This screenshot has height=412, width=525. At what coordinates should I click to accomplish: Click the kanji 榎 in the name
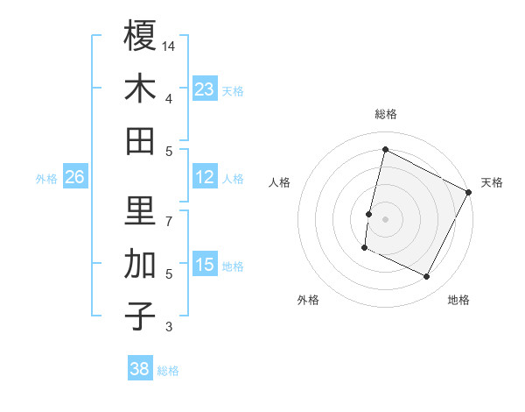coord(140,36)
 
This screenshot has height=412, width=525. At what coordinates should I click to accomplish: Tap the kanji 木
coord(140,89)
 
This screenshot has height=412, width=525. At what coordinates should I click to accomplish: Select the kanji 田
coord(140,140)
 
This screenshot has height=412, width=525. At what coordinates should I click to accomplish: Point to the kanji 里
coord(140,210)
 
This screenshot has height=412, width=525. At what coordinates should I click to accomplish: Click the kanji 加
coord(140,263)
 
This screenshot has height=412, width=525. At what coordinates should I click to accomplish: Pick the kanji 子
coord(140,316)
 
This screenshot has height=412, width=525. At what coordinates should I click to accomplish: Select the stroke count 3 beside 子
coord(170,327)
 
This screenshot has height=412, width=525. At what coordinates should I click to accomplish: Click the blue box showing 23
coord(205,89)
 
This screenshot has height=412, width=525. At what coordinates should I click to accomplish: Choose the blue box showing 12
coord(205,177)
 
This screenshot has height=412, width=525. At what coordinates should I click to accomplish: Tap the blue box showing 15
coord(205,265)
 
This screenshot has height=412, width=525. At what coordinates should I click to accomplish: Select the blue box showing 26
coord(75,177)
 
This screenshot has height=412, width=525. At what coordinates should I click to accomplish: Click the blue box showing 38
coord(140,369)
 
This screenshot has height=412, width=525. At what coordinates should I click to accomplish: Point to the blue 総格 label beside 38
coord(168,371)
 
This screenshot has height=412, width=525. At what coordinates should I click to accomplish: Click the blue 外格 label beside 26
coord(46,179)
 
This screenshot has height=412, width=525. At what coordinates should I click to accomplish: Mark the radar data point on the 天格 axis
coord(469,193)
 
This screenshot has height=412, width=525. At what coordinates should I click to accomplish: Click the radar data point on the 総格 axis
coord(385,150)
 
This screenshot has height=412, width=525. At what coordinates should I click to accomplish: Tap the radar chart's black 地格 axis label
coord(458,301)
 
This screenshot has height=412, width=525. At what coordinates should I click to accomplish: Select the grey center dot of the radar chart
coord(385,218)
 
